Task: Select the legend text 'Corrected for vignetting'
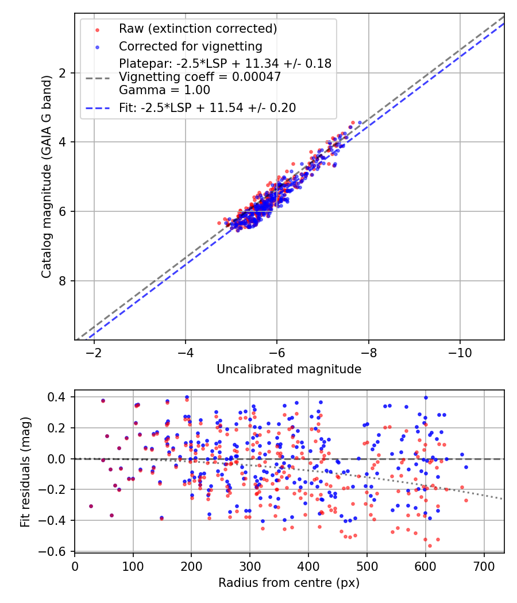(190, 46)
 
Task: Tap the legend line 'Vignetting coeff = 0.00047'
(200, 77)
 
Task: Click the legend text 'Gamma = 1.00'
(164, 90)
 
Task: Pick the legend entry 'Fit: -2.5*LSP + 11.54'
(207, 107)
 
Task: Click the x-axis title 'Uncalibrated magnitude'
(289, 369)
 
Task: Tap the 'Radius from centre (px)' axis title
(289, 583)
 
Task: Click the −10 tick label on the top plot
(460, 351)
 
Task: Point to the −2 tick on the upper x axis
(94, 351)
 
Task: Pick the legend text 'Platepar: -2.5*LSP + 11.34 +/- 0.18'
(225, 64)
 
